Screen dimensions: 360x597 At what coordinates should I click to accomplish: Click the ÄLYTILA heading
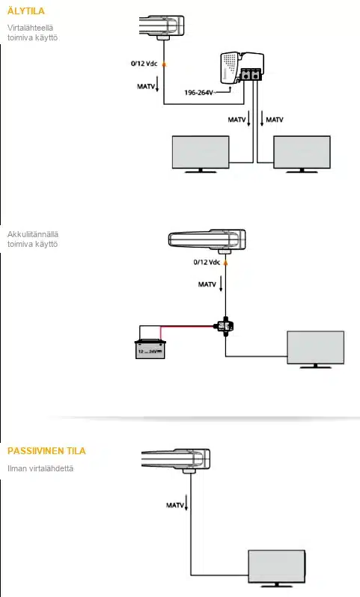(x=26, y=10)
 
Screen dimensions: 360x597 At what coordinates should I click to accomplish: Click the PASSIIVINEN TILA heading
(x=46, y=451)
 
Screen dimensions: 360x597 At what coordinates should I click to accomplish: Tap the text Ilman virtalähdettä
(x=40, y=468)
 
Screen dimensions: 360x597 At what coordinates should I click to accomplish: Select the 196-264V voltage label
(x=198, y=93)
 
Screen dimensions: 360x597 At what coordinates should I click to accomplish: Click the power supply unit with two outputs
(x=242, y=68)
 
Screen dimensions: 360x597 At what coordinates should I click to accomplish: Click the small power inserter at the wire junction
(x=225, y=326)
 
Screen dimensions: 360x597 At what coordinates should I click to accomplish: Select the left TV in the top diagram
(x=201, y=154)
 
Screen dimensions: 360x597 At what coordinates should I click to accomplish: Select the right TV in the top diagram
(x=302, y=154)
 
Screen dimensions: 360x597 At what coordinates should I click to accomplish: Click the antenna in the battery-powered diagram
(x=207, y=241)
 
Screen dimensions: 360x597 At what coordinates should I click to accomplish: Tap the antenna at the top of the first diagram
(x=162, y=27)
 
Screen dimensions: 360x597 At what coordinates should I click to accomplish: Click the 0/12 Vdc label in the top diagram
(x=144, y=63)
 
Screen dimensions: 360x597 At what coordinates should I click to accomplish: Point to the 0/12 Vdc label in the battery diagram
(x=207, y=262)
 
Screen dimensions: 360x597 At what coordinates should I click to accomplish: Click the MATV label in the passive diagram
(x=175, y=505)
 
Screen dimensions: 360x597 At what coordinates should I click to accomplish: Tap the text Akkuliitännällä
(x=33, y=234)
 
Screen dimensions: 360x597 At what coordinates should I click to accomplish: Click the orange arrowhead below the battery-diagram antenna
(x=225, y=262)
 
